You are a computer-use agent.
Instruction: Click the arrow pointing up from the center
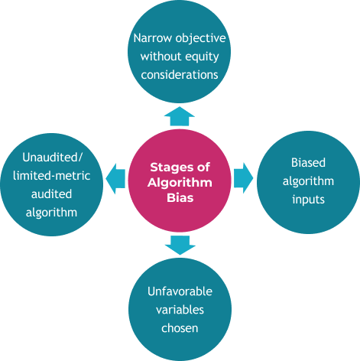pos(180,116)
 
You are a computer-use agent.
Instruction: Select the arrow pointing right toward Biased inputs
pos(244,178)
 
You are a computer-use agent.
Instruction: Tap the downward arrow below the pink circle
pos(180,246)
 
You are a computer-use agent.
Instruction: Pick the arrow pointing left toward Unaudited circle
pos(115,179)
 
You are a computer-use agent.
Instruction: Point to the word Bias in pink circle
pos(180,198)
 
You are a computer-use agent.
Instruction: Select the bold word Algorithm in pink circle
pos(180,183)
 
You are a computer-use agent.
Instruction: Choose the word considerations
pos(180,75)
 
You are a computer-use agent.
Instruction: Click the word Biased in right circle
pos(308,163)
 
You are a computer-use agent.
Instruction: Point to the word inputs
pos(308,200)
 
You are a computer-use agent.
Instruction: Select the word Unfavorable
pos(180,291)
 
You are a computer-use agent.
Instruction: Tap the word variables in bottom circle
pos(180,310)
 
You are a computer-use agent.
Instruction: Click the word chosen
pos(180,328)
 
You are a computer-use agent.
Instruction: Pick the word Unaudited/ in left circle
pos(52,158)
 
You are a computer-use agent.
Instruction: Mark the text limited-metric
pos(52,176)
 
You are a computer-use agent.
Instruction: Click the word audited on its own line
pos(51,194)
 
